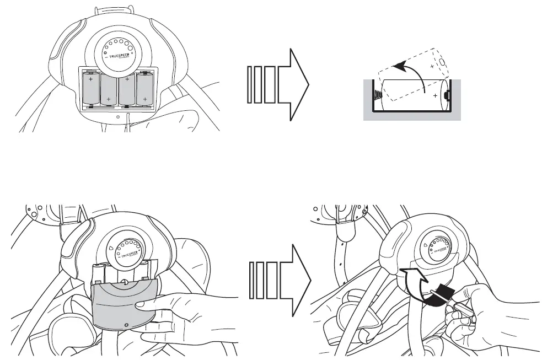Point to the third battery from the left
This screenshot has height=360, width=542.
(127, 89)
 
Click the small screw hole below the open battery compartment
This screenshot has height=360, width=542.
(118, 117)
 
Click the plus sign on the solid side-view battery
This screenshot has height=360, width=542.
(436, 95)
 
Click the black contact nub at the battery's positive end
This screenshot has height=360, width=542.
(447, 95)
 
